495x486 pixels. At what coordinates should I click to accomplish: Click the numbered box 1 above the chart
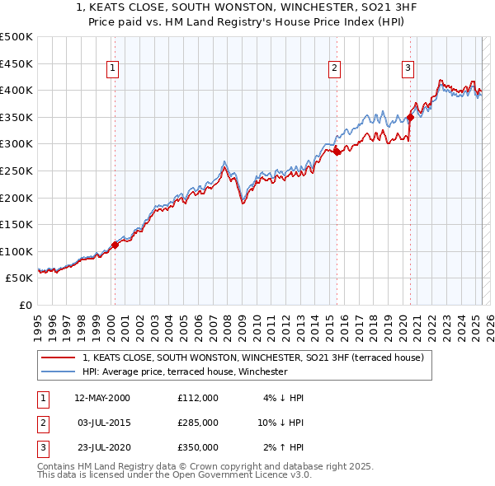coord(111,68)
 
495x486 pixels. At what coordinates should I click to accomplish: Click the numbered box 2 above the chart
coord(334,68)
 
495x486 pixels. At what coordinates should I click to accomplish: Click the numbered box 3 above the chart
coord(408,68)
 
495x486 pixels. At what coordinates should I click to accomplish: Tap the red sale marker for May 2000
coord(115,245)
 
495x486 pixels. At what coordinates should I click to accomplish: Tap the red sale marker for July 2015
coord(337,152)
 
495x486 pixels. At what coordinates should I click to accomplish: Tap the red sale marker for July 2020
coord(411,118)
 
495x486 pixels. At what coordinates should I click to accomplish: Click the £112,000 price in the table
coord(197,398)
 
